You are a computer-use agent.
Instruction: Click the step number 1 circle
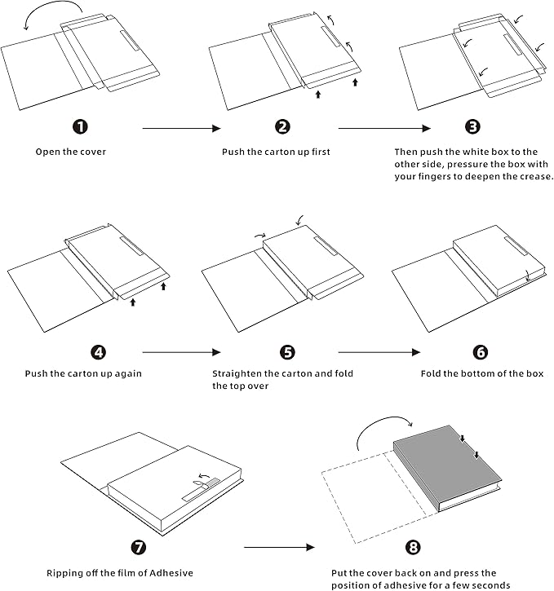80,126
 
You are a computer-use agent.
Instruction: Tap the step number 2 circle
282,126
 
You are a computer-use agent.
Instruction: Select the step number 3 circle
472,126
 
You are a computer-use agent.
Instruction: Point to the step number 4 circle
99,352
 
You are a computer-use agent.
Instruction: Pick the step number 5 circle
287,352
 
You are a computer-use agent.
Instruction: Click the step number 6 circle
480,352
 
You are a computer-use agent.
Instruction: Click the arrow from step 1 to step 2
182,128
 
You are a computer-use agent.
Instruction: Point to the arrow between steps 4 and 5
182,352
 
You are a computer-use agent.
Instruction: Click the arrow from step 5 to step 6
379,352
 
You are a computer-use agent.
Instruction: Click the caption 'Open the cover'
70,152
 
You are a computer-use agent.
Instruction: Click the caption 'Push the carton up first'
276,152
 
